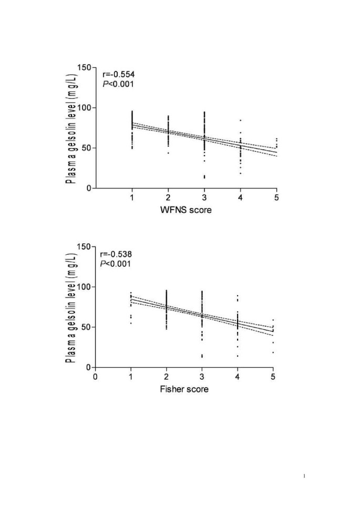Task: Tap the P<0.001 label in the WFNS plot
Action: click(116, 84)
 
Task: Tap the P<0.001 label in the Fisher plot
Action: click(116, 263)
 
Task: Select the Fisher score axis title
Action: click(184, 389)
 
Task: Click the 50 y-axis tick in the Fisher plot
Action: click(85, 327)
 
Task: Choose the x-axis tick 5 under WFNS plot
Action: click(276, 198)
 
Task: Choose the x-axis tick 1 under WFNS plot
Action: click(131, 198)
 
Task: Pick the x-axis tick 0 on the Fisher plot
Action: click(95, 376)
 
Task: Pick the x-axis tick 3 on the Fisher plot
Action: click(202, 376)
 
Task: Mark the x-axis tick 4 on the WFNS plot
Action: click(240, 198)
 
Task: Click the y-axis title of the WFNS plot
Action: click(69, 128)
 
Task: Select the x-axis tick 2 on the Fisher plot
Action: click(166, 376)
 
